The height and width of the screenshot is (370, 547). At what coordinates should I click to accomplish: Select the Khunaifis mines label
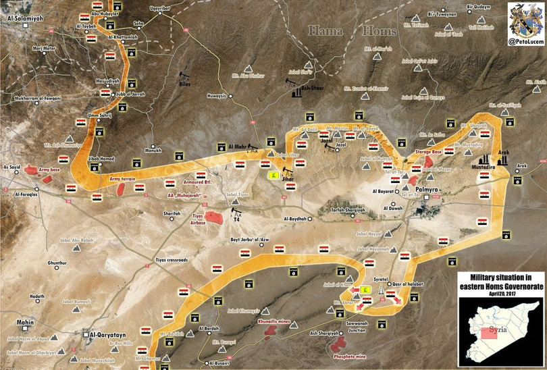(x=274, y=323)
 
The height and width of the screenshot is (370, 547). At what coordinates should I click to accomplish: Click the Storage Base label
(x=428, y=153)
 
